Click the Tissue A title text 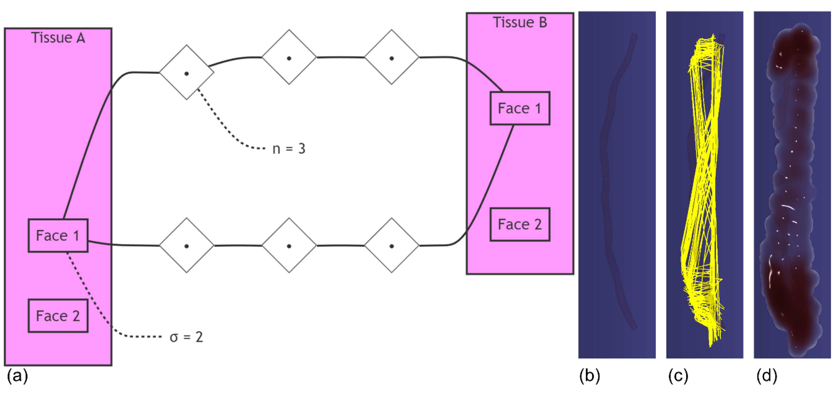tap(58, 38)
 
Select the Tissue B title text tap(520, 22)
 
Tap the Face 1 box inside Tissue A tap(58, 235)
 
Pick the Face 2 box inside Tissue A tap(58, 315)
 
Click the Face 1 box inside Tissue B tap(520, 108)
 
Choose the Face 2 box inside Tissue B tap(520, 224)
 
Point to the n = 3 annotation tap(289, 149)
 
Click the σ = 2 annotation tap(186, 337)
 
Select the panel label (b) tap(589, 375)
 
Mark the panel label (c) tap(678, 375)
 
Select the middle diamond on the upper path tap(289, 57)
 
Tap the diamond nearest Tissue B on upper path tap(392, 57)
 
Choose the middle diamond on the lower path tap(289, 245)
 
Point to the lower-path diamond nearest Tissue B tap(392, 245)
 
